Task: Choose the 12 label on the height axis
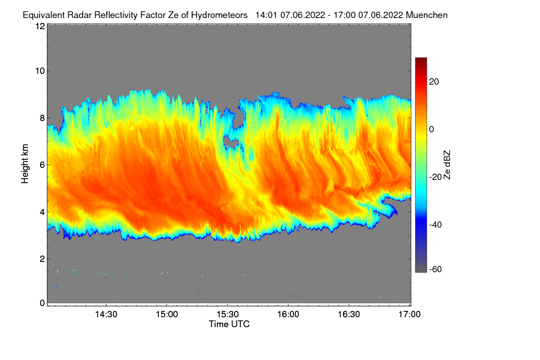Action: [x=40, y=26]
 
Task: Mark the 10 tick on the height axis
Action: [x=40, y=71]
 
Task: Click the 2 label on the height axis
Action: [x=42, y=259]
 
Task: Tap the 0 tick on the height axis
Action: [x=42, y=303]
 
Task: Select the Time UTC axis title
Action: [x=229, y=324]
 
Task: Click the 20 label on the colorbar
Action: [x=434, y=81]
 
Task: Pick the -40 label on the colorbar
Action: [x=433, y=225]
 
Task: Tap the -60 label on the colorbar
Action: [x=433, y=270]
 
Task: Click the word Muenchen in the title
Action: [x=427, y=15]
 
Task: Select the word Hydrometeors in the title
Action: [x=219, y=15]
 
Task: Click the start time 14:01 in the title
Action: [x=265, y=15]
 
